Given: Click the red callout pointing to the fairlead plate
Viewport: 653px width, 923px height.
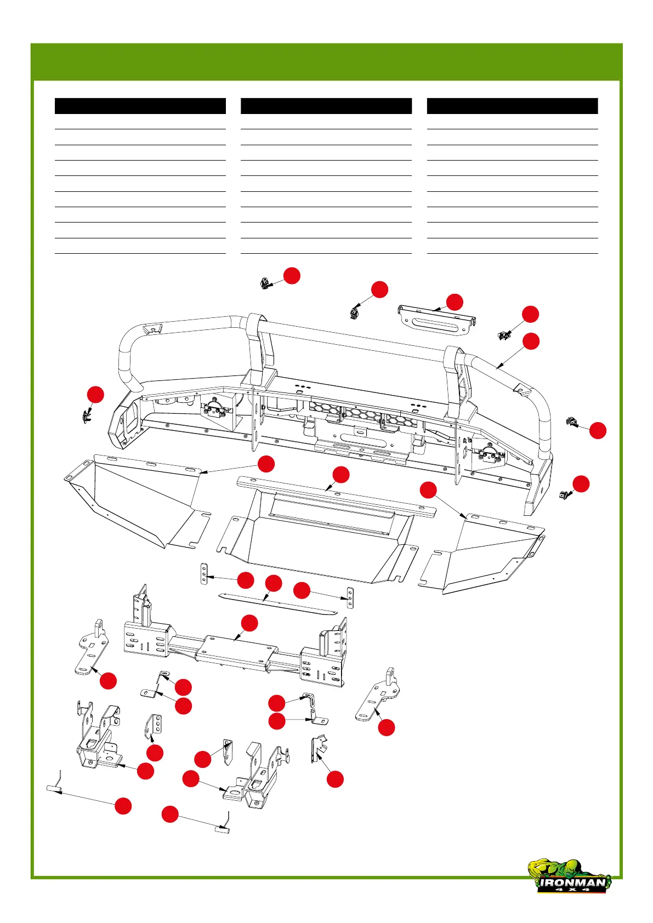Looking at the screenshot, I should click(454, 302).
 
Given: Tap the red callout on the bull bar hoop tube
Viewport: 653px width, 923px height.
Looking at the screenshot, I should click(531, 341).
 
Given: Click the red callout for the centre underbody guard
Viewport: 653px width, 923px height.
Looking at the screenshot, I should click(340, 475).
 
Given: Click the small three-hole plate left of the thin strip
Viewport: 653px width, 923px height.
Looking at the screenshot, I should click(204, 574).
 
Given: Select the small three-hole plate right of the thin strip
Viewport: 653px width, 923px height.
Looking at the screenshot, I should click(351, 598).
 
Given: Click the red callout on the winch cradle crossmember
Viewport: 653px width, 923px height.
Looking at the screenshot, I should click(249, 623).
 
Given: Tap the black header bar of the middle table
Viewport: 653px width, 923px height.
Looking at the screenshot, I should click(326, 106).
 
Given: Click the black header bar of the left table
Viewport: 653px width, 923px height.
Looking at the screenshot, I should click(140, 106).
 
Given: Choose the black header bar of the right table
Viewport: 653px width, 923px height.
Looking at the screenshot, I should click(512, 106).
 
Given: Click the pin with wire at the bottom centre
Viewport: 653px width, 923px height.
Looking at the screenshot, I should click(222, 829).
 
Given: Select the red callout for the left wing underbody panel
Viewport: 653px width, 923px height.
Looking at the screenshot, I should click(266, 464).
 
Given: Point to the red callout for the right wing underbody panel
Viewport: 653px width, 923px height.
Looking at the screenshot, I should click(428, 490).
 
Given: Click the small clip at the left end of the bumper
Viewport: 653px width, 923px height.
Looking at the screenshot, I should click(86, 417).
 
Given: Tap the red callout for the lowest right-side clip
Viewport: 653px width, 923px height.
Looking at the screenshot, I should click(581, 484).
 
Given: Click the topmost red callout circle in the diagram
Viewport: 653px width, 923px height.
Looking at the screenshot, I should click(292, 275).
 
